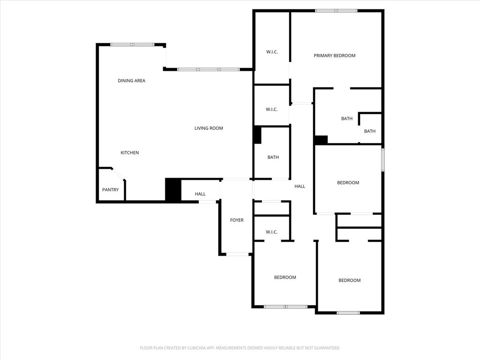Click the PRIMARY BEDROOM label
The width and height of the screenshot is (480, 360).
(x=334, y=55)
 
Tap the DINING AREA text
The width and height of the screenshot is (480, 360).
(x=131, y=81)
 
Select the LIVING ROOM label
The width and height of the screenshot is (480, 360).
(x=209, y=128)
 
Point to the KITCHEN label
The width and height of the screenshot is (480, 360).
(x=129, y=152)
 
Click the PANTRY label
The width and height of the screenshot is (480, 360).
(x=110, y=189)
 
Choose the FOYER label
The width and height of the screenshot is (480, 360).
(x=237, y=220)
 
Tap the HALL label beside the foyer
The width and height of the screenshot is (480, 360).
(x=200, y=194)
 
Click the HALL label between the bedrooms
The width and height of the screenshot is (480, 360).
(x=300, y=186)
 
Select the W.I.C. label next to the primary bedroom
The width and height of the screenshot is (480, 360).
(x=272, y=52)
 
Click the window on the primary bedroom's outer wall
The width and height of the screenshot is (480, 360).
(x=336, y=11)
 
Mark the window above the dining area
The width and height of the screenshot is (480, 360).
(x=133, y=45)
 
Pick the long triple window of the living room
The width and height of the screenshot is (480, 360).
(x=209, y=69)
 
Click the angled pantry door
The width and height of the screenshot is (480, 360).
(x=118, y=173)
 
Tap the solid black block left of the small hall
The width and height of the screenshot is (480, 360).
(x=173, y=189)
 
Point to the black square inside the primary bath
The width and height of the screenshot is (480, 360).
(x=321, y=140)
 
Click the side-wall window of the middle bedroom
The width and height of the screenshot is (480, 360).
(x=382, y=160)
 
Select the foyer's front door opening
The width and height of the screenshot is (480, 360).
(x=238, y=254)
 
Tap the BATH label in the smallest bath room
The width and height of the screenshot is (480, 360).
(x=369, y=131)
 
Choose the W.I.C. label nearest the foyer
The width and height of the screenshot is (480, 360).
(x=271, y=232)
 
